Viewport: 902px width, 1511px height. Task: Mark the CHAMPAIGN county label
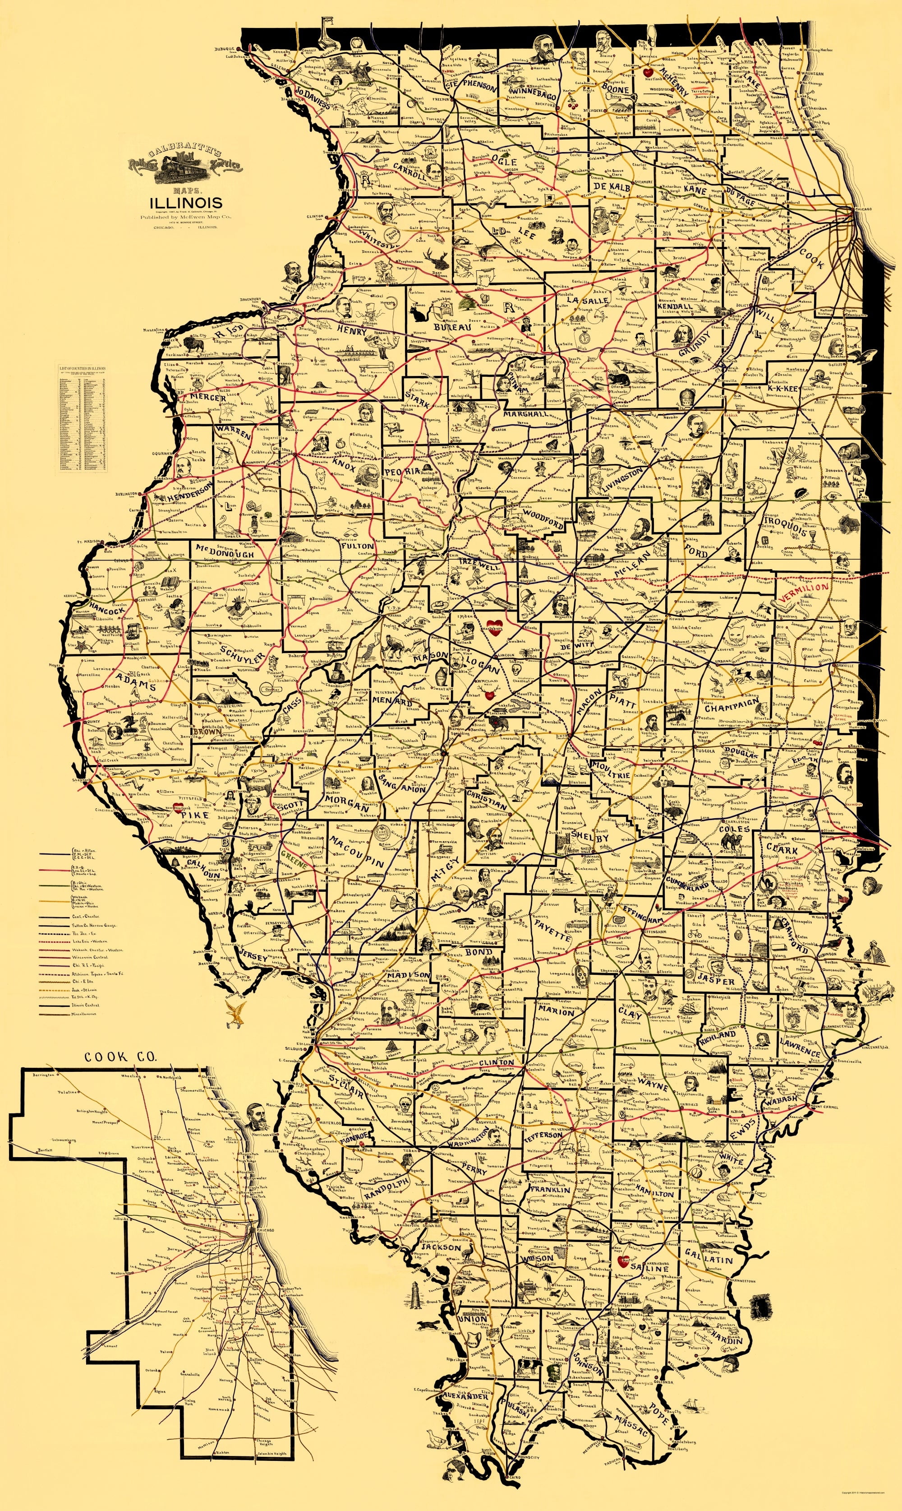[732, 705]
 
